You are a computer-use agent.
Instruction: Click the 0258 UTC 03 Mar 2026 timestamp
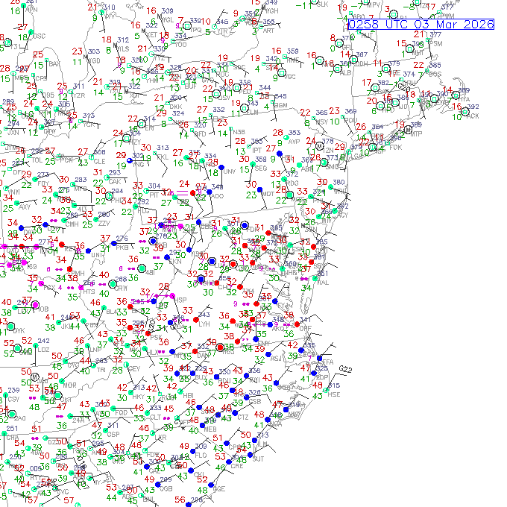point(421,25)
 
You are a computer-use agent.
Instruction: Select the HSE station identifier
point(334,394)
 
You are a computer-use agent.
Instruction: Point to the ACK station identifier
point(472,116)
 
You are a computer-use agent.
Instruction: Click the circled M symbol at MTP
point(407,129)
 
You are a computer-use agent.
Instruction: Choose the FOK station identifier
point(395,148)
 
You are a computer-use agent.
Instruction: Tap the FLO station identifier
point(200,454)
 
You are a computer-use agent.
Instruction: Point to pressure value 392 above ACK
point(471,107)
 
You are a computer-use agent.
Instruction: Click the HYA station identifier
point(464,98)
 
